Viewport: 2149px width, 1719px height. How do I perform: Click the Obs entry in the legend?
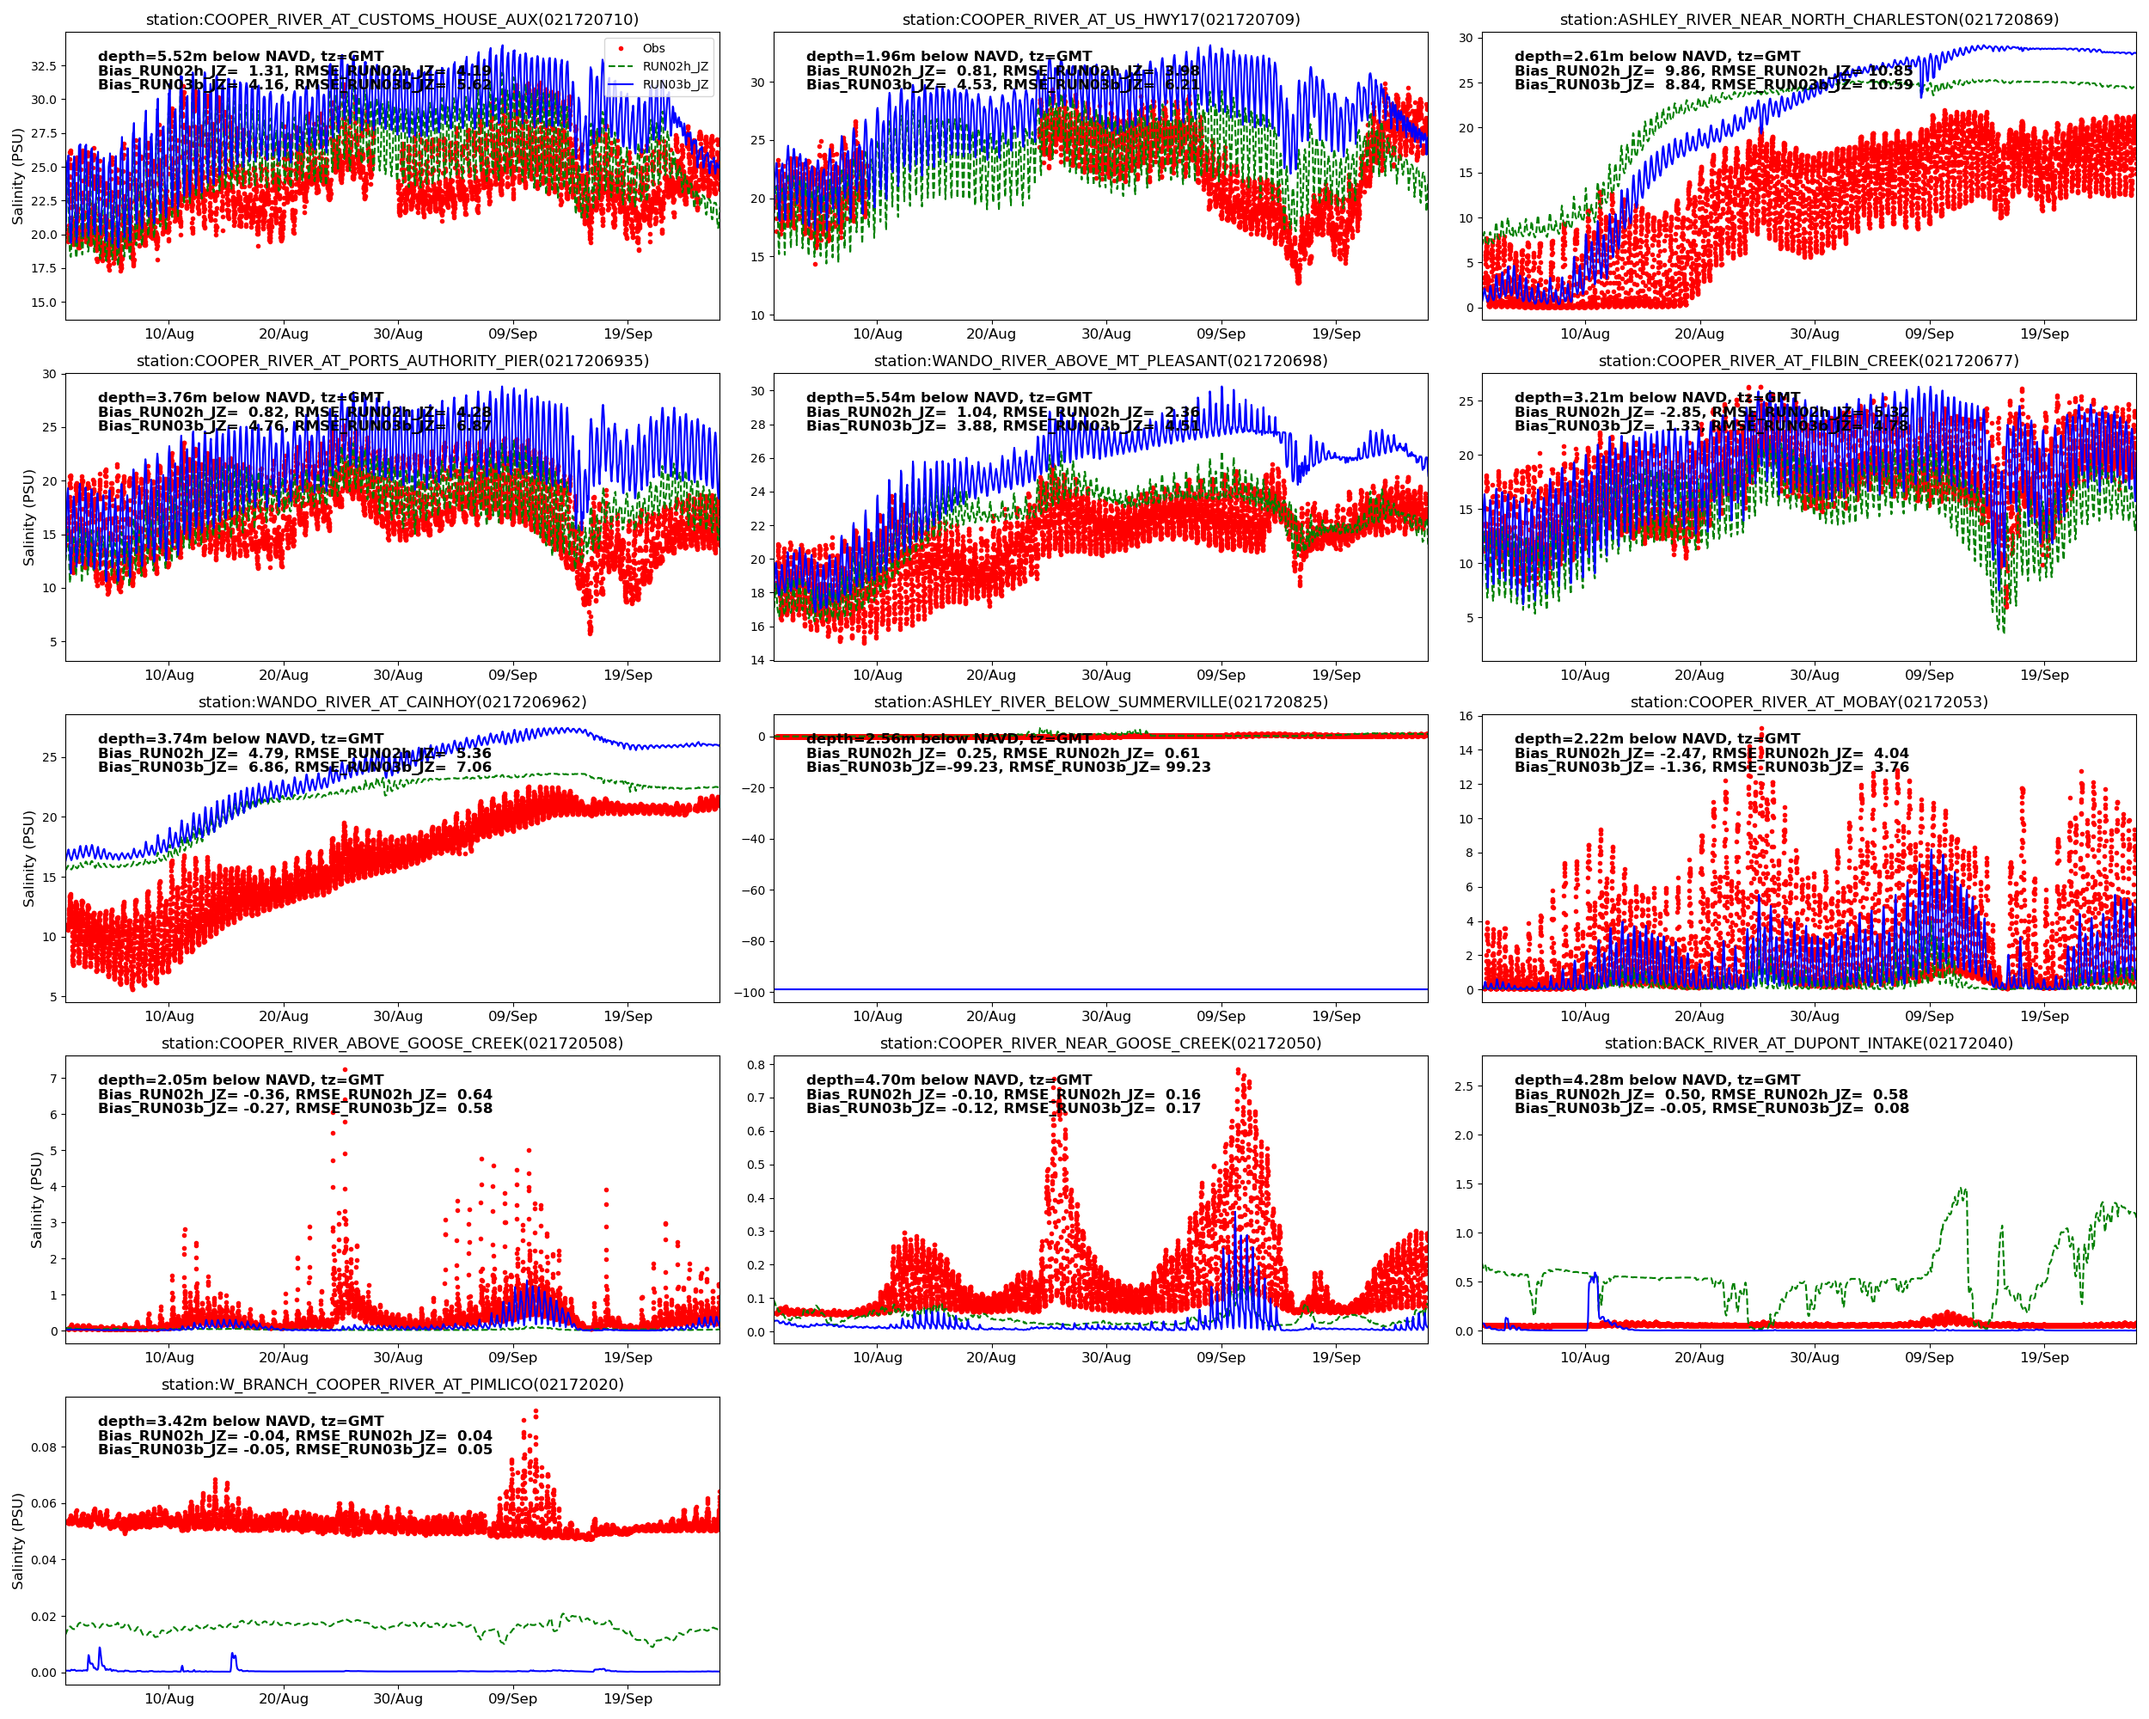653,48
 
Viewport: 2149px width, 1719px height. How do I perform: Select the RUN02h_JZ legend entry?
675,67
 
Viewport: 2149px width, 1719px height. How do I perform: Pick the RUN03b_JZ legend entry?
675,85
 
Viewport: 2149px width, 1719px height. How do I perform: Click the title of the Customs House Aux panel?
392,20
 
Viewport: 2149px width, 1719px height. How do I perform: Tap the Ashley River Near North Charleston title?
1808,20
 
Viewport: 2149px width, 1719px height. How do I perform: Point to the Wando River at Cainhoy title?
392,701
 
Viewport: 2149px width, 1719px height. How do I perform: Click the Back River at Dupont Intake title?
1808,1043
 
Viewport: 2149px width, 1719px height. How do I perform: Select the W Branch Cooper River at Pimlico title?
392,1384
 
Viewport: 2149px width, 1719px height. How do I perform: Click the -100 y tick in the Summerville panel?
749,993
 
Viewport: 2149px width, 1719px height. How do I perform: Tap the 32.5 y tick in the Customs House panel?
43,66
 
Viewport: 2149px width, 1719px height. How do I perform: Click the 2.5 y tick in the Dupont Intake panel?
1463,1086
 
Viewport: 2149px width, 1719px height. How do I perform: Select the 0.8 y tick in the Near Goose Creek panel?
756,1064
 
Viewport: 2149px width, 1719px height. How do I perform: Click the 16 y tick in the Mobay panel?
1466,717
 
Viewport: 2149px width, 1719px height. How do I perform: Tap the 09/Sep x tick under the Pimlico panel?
512,1699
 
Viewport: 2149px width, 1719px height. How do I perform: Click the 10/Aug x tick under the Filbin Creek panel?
1584,676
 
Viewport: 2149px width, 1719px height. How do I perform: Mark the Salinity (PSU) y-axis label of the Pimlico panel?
18,1540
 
